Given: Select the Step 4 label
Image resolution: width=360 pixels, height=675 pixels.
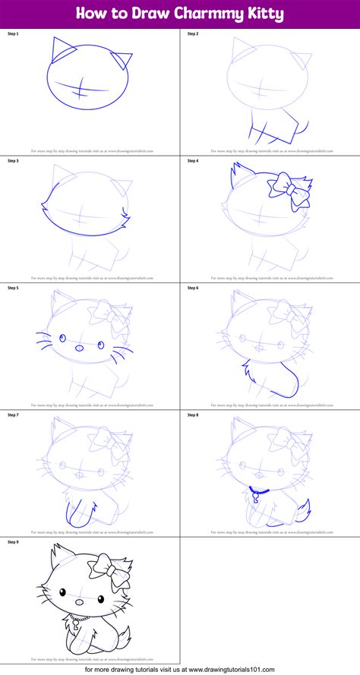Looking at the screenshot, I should click(x=192, y=161).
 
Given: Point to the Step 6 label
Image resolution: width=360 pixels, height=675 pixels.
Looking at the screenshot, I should click(x=192, y=288).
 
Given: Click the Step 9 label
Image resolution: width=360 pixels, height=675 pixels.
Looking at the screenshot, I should click(x=12, y=542).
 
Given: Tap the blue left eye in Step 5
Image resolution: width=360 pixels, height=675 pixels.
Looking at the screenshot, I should click(x=63, y=338).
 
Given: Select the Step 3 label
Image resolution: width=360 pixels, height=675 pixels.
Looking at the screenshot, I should click(x=12, y=161).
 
